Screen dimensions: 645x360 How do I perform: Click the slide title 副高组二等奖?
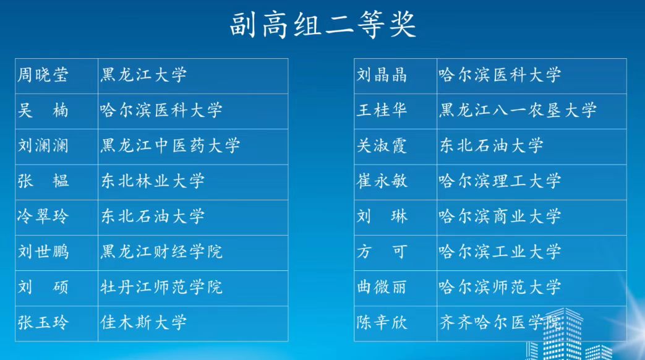tap(323, 25)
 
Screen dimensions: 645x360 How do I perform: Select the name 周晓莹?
tap(43, 75)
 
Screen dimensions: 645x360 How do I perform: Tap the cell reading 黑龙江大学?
tap(143, 75)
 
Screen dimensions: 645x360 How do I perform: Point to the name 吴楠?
tap(43, 111)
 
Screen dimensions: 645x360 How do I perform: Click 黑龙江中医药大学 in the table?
tap(170, 146)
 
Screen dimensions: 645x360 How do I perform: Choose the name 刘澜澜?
tap(43, 146)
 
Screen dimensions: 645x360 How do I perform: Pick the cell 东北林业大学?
tap(153, 181)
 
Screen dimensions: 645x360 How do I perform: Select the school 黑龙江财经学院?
tap(161, 252)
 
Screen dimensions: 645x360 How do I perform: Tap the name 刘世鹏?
tap(43, 252)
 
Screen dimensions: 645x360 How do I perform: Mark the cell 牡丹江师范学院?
tap(161, 287)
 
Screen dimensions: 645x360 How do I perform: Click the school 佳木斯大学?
tap(143, 322)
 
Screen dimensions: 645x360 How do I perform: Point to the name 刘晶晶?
tap(382, 75)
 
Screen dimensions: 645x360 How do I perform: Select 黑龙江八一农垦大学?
tap(518, 111)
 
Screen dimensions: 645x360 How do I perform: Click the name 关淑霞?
tap(382, 146)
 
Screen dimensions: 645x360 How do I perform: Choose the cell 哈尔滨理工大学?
tap(500, 181)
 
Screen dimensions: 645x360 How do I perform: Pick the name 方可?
tap(382, 252)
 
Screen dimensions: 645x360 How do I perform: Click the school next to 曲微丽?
tap(500, 287)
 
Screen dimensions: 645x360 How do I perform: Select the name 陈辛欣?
tap(382, 322)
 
